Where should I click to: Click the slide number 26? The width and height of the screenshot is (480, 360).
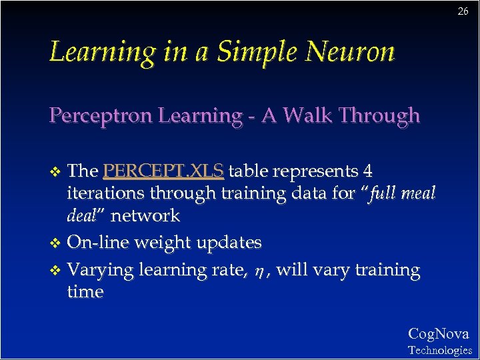click(x=463, y=11)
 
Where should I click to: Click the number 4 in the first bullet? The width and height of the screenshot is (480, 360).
click(x=367, y=171)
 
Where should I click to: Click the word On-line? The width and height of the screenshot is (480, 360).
click(x=98, y=242)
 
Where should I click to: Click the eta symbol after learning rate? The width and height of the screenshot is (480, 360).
click(x=260, y=271)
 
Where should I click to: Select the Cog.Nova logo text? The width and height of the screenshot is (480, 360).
click(x=438, y=334)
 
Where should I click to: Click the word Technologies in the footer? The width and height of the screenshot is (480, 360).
click(x=439, y=350)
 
